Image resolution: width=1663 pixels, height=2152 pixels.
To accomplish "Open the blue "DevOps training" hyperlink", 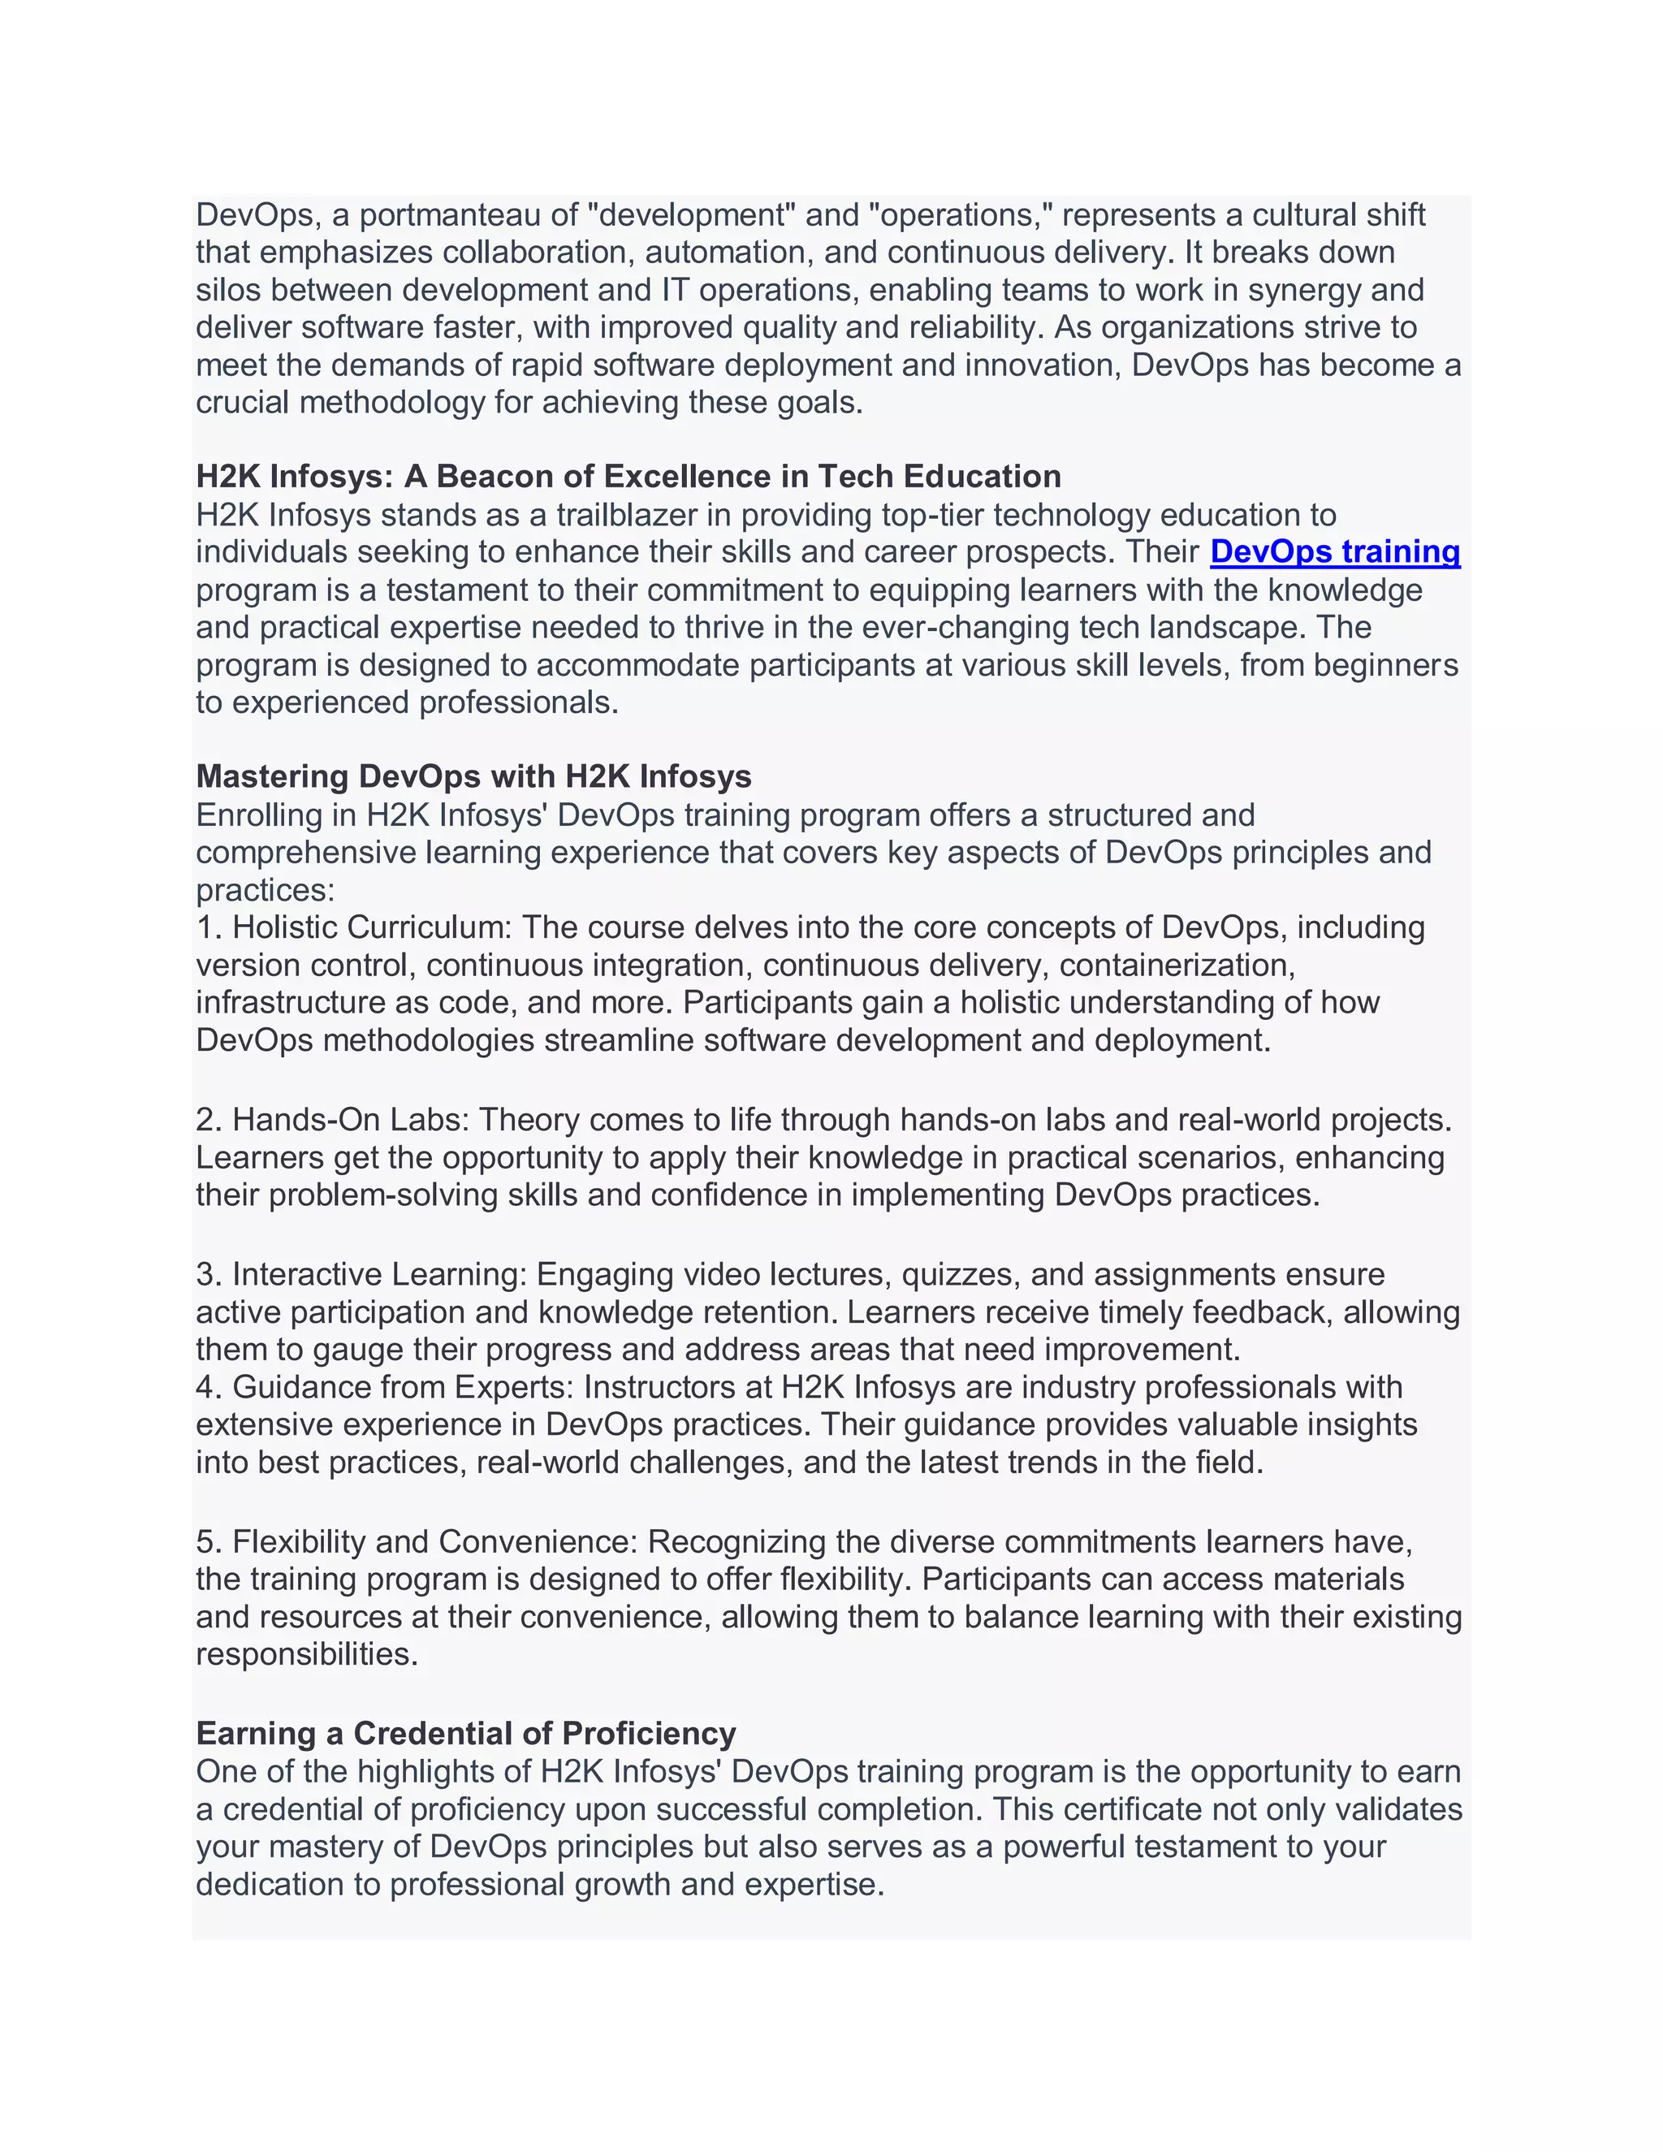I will (1335, 551).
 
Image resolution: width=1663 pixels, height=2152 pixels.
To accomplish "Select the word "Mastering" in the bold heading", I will (272, 776).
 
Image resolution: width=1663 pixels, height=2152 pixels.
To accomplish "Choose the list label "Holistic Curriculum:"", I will (373, 927).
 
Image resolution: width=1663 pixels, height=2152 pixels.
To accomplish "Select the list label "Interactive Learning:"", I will (379, 1274).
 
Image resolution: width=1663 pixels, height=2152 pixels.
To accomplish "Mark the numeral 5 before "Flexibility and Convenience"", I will (205, 1541).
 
